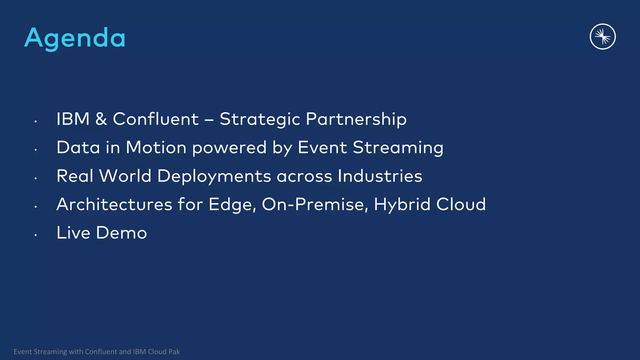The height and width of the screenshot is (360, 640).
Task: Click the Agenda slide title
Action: (x=75, y=38)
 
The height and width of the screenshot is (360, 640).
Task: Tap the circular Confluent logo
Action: (x=602, y=37)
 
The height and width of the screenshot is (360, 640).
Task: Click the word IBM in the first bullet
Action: (x=73, y=119)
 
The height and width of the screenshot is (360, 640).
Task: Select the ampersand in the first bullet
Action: (x=101, y=119)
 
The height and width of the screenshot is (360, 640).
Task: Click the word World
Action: (x=125, y=176)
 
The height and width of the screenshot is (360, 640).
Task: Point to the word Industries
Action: (x=380, y=176)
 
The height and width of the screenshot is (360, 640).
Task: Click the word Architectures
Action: (x=114, y=204)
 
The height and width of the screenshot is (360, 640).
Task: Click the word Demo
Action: (x=121, y=233)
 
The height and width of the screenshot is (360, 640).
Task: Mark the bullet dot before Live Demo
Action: (x=36, y=235)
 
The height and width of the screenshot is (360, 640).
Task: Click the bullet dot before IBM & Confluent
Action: (x=36, y=121)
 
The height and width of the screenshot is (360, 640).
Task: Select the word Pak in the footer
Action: (x=174, y=352)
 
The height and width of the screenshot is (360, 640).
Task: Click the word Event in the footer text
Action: (x=23, y=352)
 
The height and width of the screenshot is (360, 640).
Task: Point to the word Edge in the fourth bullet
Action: (x=232, y=205)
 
